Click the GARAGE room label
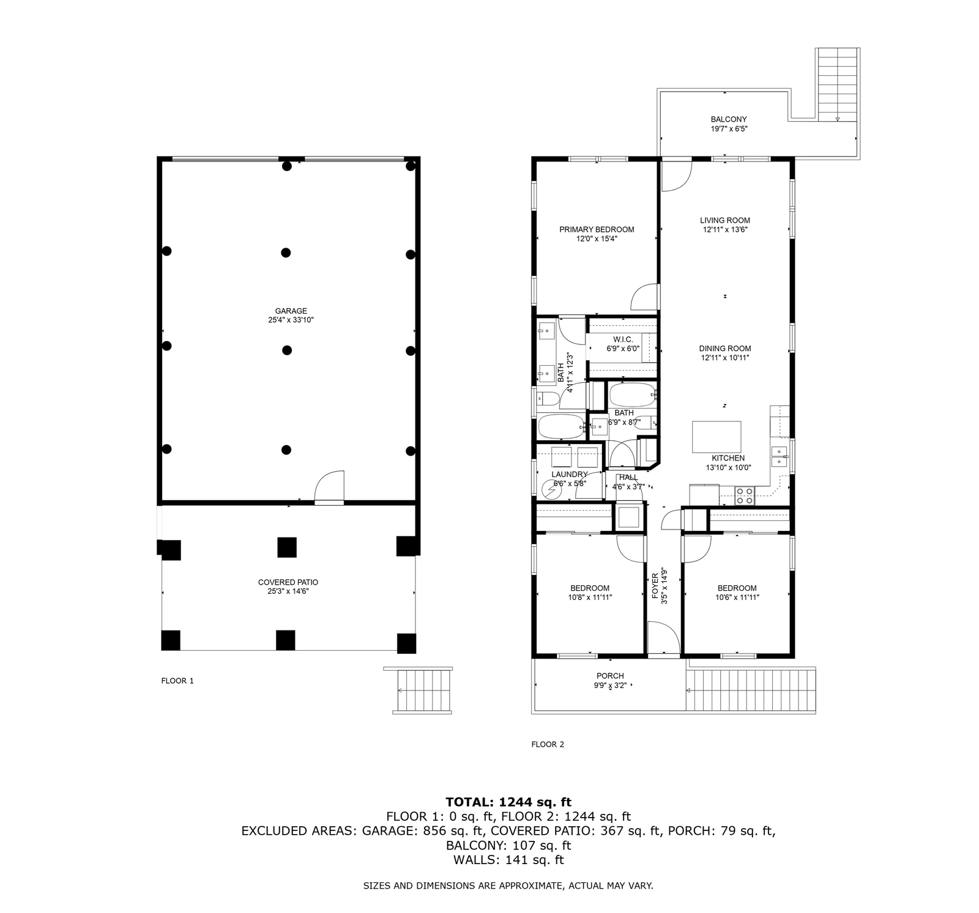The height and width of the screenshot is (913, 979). tap(291, 311)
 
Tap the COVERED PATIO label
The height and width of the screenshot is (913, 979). tap(288, 582)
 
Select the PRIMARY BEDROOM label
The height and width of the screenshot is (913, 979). tap(597, 229)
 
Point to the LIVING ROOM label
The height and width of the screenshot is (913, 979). tap(725, 220)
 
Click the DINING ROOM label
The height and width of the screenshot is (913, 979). tap(725, 349)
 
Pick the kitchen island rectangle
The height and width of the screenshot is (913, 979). tap(717, 437)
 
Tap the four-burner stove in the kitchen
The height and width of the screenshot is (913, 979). tap(745, 495)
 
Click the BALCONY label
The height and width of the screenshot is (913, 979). tap(729, 119)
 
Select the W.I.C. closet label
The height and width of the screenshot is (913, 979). tap(623, 339)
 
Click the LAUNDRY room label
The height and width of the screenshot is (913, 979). tap(570, 474)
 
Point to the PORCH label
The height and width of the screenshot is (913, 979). tap(610, 676)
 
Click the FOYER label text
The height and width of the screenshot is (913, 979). tap(655, 586)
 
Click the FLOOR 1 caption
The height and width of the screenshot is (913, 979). tap(177, 681)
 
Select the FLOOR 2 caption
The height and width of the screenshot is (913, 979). tap(548, 744)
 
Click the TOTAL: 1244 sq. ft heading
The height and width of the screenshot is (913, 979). tap(508, 802)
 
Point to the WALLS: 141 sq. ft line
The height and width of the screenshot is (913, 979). tap(508, 860)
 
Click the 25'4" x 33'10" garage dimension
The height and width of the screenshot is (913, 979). tap(291, 320)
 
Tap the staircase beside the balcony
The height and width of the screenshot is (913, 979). tap(838, 84)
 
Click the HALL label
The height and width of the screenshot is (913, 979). tap(628, 478)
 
